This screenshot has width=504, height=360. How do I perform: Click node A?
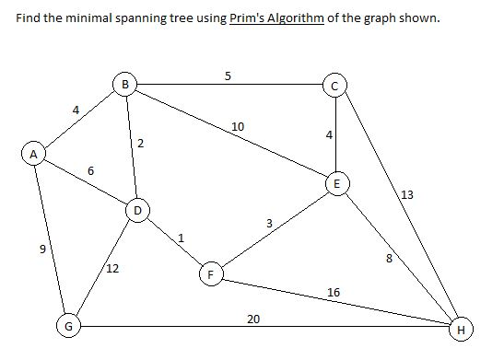coord(33,155)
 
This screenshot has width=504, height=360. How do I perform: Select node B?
coord(125,86)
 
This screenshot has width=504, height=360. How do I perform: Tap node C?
coord(335,87)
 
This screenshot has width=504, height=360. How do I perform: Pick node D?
coord(137,211)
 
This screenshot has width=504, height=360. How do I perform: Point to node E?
coord(336,184)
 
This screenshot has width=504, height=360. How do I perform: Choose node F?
coord(211,274)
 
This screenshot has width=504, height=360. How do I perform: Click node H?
coord(461,327)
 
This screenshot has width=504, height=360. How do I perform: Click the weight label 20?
coord(253,319)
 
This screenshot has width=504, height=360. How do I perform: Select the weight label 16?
coord(334,292)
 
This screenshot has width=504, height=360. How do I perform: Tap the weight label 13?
coord(408,194)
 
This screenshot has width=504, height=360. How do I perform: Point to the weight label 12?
coord(111,269)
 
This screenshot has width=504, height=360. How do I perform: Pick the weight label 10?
coord(238,126)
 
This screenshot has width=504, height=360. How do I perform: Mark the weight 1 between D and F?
coord(182,238)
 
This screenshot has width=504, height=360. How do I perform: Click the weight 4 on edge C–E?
coord(328,135)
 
